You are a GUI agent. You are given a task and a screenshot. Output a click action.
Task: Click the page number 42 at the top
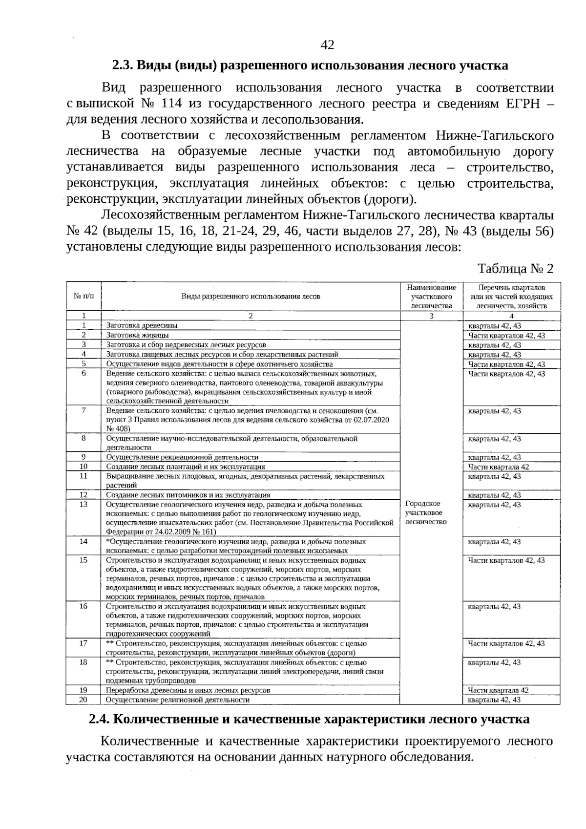pos(327,45)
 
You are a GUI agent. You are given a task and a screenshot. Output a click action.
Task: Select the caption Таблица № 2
pos(515,269)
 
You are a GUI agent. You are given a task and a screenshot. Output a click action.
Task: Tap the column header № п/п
pos(84,296)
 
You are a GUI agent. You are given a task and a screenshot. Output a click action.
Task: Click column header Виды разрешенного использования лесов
pos(251,296)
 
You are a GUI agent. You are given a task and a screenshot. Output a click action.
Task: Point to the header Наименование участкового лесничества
pos(431,297)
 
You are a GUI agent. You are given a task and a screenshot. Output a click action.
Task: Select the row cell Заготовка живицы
pos(138,336)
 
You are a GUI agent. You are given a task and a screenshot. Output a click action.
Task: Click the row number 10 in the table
pos(84,467)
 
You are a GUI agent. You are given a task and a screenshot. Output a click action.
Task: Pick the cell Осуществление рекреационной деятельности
pos(182,457)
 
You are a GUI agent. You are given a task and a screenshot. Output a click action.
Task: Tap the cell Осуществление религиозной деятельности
pos(178,700)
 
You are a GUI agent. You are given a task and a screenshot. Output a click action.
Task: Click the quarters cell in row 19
pos(498,690)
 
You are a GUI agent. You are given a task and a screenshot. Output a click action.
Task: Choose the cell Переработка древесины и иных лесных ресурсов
pos(188,690)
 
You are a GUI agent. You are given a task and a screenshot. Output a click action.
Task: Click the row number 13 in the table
pos(84,504)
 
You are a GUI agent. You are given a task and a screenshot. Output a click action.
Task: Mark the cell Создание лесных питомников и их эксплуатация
pos(188,495)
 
